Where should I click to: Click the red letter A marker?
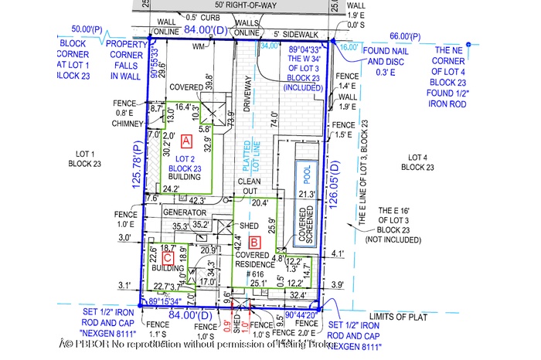(185, 141)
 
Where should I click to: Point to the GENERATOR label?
(185, 212)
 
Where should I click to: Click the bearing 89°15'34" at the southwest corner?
(165, 302)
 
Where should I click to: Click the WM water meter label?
(199, 48)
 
